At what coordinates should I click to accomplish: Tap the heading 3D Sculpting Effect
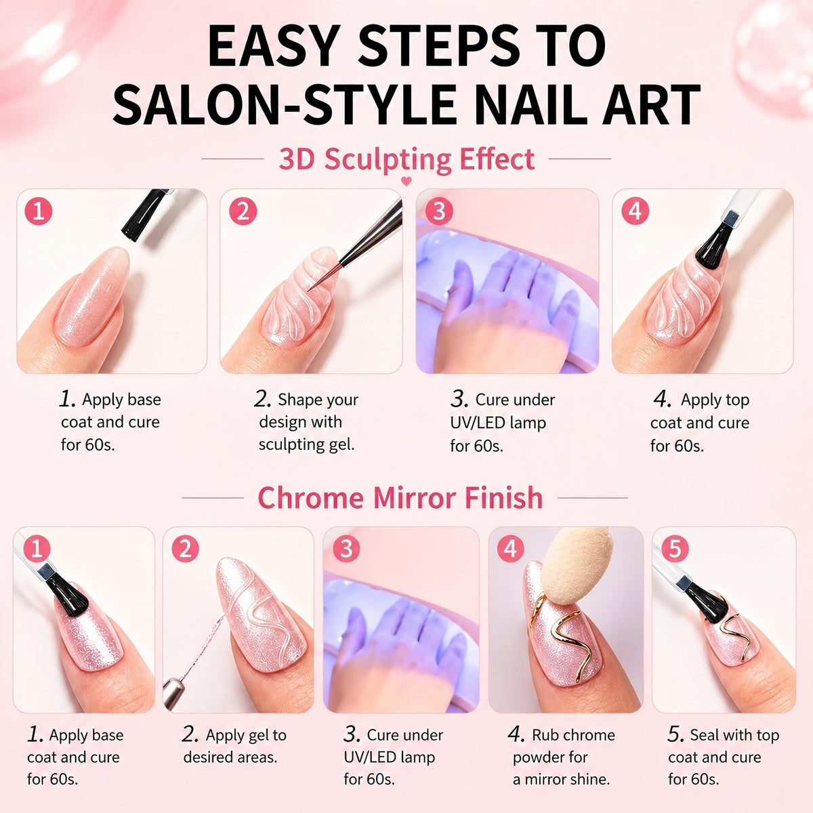tap(406, 159)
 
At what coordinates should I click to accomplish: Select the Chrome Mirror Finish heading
tap(400, 497)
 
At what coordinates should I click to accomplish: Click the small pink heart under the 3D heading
tap(406, 182)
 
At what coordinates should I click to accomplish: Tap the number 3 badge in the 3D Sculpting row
tap(439, 211)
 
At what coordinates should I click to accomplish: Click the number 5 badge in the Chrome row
tap(675, 549)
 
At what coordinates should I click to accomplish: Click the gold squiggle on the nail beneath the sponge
tap(561, 633)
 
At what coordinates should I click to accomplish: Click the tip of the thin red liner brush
tap(309, 291)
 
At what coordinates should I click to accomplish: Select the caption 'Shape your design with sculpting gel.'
tap(306, 422)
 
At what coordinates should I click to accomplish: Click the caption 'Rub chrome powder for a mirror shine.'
tap(562, 757)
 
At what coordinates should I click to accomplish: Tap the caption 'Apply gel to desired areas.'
tap(234, 746)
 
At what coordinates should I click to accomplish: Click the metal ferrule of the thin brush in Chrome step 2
tap(172, 699)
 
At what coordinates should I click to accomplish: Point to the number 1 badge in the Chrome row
tap(37, 549)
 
